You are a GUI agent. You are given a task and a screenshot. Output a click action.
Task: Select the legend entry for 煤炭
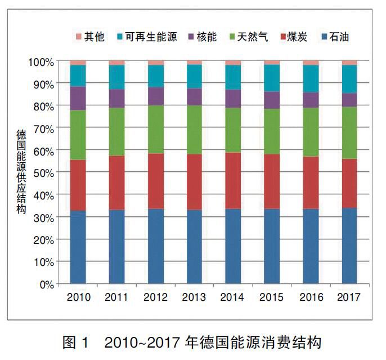[295, 38]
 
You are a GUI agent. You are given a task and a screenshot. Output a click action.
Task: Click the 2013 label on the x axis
[195, 297]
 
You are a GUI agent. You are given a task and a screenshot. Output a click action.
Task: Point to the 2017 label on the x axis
[349, 297]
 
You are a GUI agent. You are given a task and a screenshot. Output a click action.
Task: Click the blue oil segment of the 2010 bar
[78, 247]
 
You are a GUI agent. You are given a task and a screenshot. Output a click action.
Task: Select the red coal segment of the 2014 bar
[233, 181]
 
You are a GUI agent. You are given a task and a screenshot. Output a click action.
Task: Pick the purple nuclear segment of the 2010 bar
[78, 98]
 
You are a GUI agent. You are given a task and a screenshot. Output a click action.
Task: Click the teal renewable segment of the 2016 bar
[311, 79]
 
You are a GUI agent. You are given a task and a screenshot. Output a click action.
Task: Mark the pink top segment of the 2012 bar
[156, 63]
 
